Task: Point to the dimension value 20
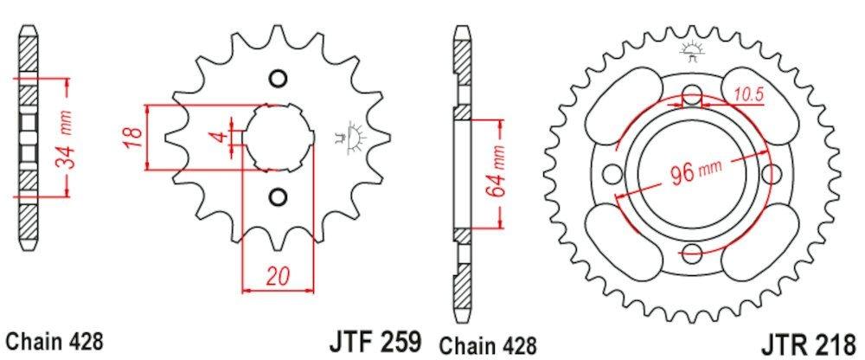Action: pyautogui.click(x=277, y=278)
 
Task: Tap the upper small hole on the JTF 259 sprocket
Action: pyautogui.click(x=277, y=79)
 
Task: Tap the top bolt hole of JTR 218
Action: pyautogui.click(x=691, y=95)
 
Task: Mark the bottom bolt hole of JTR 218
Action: pyautogui.click(x=691, y=253)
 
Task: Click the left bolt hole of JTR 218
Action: pyautogui.click(x=612, y=174)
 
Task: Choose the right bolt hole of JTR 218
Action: pyautogui.click(x=771, y=174)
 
